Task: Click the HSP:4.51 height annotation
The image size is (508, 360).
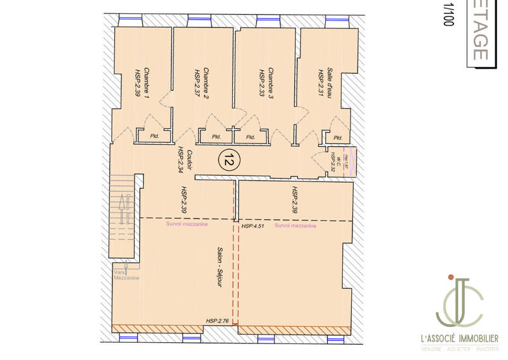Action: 252,226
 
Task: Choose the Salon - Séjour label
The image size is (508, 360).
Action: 220,269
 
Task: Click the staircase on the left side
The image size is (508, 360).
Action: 120,210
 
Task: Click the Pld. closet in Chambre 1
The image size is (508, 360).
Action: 154,136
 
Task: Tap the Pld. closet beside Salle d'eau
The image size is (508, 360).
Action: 337,138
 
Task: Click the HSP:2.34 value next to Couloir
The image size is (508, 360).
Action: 180,160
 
